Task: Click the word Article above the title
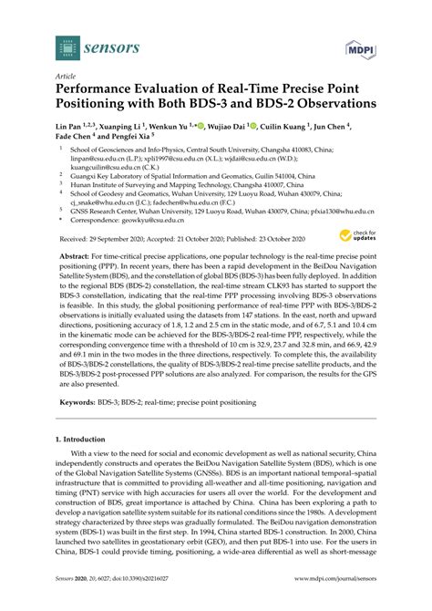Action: point(66,78)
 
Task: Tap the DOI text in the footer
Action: point(137,603)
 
